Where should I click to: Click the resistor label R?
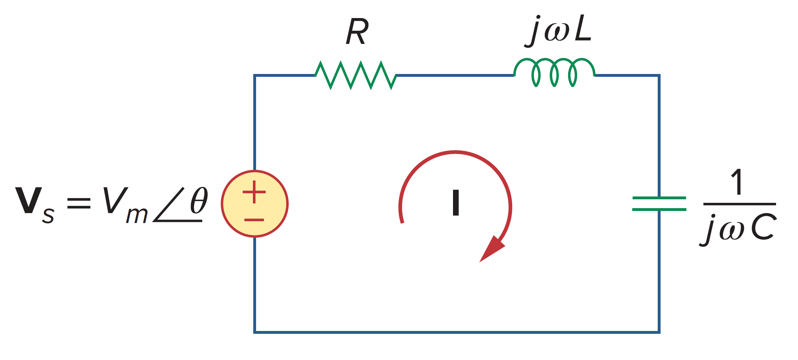point(357,32)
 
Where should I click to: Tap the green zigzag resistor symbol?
point(356,75)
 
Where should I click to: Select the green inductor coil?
point(554,72)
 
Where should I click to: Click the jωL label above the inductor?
point(559,31)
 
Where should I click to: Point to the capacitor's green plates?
point(659,204)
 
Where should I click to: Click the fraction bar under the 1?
point(740,204)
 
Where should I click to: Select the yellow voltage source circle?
point(255,204)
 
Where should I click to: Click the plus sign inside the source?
point(254,192)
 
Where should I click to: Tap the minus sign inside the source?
point(254,220)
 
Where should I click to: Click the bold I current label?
point(456,203)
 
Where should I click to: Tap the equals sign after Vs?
point(79,203)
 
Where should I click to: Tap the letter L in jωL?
point(583,30)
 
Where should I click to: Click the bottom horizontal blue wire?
point(457,332)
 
